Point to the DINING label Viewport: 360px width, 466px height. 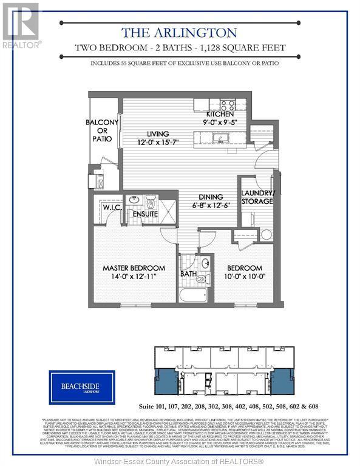coord(210,197)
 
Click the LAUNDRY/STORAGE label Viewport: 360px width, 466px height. coord(257,197)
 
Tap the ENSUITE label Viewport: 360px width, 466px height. coord(145,214)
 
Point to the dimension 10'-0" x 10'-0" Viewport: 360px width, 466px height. coord(245,277)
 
